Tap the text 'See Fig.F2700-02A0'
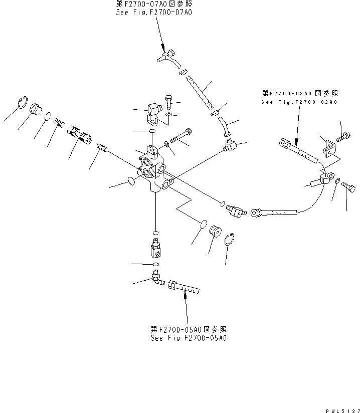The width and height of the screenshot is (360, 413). point(299,102)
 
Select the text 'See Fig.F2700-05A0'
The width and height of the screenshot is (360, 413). point(189,338)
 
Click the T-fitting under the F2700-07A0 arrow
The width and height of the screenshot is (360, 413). point(165,57)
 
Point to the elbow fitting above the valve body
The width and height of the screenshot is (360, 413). point(152,113)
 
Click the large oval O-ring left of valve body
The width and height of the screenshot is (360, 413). point(130,180)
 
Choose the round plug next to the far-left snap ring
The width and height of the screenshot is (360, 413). point(35,109)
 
